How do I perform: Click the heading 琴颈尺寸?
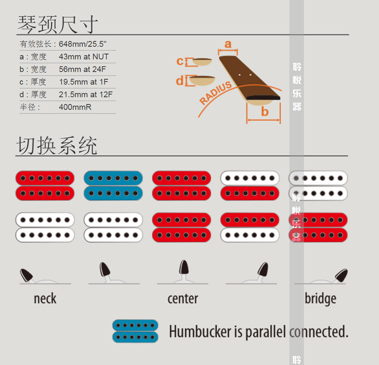(58, 24)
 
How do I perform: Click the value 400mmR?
(75, 107)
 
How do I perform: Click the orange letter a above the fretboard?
(228, 44)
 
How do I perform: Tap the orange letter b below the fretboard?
(265, 112)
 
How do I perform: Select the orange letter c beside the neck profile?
(180, 61)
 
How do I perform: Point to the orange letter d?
(180, 81)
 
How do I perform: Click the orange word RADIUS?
(216, 93)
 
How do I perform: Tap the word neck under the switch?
(45, 299)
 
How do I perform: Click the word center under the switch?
(183, 299)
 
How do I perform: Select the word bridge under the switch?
(320, 299)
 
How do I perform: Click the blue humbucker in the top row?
(113, 185)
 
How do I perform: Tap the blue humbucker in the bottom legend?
(135, 331)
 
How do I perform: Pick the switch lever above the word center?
(184, 269)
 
